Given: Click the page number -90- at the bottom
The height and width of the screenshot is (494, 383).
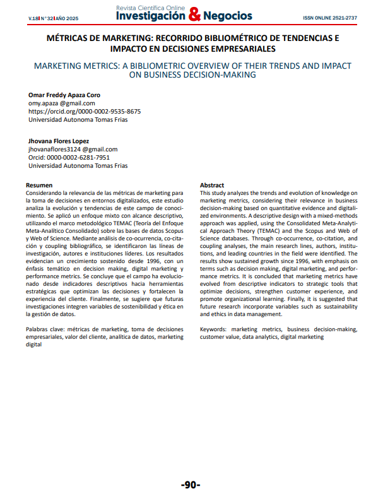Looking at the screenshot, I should (191, 485).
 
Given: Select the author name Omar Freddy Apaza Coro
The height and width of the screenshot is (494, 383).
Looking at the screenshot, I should (64, 95).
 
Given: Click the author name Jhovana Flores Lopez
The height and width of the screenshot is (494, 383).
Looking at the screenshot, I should (59, 141).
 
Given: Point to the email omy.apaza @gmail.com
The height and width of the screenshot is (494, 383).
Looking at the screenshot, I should (62, 103).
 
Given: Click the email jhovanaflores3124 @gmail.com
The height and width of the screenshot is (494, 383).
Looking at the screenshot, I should (73, 149).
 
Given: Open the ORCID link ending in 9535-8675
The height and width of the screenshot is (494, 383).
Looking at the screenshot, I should (85, 111).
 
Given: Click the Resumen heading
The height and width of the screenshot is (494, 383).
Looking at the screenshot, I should (38, 185).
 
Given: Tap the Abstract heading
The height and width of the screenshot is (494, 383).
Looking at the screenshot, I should (212, 185).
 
